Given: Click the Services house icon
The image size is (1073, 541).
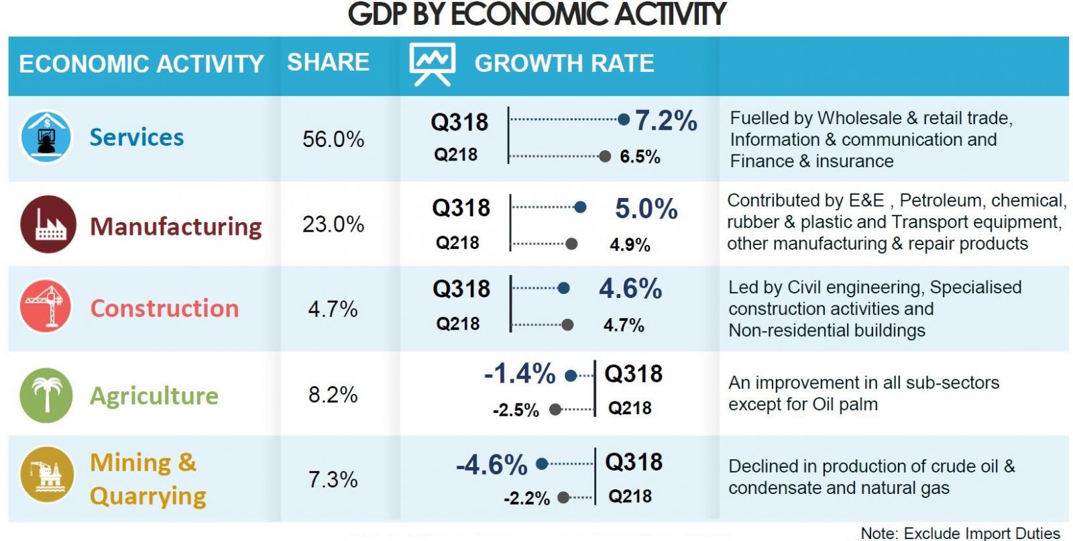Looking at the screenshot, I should [46, 138].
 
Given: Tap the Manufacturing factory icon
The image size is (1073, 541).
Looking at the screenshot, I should [48, 224].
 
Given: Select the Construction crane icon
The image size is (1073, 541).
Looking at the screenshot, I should [46, 307].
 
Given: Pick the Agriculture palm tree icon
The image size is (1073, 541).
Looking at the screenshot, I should [46, 395].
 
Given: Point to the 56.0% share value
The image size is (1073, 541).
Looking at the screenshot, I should [333, 140].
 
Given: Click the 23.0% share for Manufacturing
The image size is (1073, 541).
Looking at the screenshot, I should [333, 224].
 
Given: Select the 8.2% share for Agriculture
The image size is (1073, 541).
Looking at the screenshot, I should [333, 395].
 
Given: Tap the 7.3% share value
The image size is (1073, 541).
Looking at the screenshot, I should [333, 479].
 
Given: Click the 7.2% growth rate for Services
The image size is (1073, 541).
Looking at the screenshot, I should [666, 121].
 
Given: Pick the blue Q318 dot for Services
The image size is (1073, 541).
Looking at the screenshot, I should [624, 120].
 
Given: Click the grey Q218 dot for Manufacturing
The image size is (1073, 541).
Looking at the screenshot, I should [571, 244].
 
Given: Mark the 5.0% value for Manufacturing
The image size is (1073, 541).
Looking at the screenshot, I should [646, 209].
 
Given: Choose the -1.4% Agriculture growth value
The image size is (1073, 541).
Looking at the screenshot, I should [520, 374].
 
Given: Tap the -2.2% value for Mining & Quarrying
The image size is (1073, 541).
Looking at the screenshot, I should [526, 498].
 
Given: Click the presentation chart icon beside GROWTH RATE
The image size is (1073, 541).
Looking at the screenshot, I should [433, 63].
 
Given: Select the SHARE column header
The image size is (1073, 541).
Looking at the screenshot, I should [328, 62].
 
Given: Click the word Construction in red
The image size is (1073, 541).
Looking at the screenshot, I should [164, 308].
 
